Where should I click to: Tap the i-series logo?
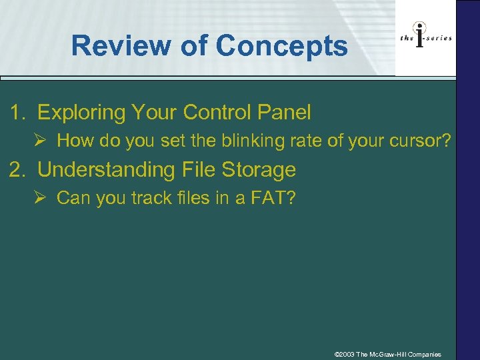(x=426, y=38)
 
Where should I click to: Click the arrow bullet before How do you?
(x=42, y=141)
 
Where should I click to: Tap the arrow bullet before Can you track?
(x=42, y=198)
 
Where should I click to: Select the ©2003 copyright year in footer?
(x=344, y=354)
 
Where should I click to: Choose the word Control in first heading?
(x=213, y=113)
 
